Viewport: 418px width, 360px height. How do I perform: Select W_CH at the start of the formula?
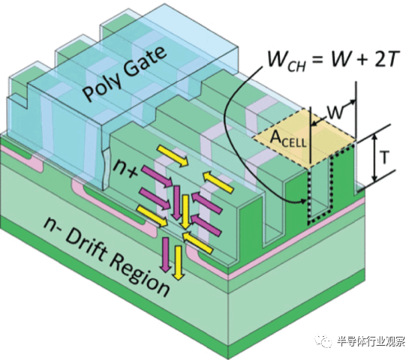coord(286,61)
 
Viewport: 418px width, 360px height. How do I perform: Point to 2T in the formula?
coord(386,58)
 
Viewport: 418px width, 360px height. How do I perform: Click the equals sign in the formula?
coord(318,60)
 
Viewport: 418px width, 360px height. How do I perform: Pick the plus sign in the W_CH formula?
coord(359,59)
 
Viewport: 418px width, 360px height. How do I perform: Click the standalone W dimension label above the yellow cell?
coord(335,112)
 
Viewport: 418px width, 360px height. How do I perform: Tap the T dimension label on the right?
coord(384,157)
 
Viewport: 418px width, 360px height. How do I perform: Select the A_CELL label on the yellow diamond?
coord(288,139)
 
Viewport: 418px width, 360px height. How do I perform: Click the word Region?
coord(140,276)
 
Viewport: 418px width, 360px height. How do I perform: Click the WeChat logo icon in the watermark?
coord(323,340)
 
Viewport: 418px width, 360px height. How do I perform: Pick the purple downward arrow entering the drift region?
coord(166,255)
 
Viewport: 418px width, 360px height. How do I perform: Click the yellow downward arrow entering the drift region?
coord(178,263)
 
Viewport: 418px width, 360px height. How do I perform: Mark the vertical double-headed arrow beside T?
coord(375,157)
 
